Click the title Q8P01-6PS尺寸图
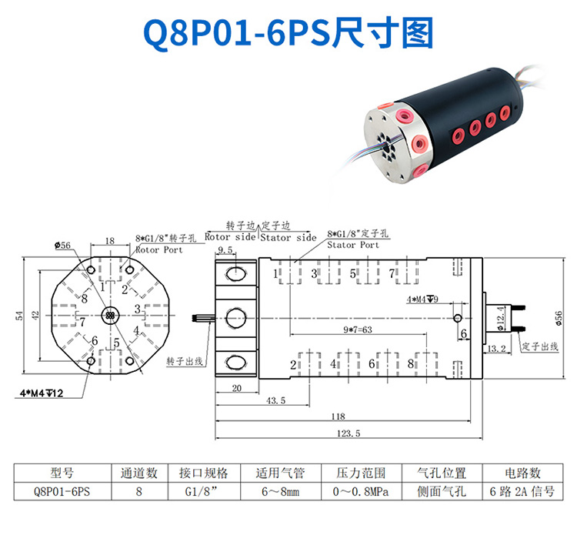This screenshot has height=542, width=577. [x=288, y=33]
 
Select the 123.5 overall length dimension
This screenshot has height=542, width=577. [x=349, y=433]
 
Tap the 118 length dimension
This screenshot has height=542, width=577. [x=339, y=417]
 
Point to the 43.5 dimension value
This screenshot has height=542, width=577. [x=275, y=400]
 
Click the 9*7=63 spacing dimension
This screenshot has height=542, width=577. [x=358, y=330]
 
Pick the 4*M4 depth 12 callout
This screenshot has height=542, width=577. [x=42, y=393]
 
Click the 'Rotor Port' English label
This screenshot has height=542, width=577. [x=159, y=249]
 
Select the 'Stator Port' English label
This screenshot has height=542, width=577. [x=353, y=245]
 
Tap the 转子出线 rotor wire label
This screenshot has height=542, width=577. [x=185, y=361]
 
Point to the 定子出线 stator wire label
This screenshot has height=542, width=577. [x=540, y=346]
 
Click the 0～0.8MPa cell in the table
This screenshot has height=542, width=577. [x=361, y=491]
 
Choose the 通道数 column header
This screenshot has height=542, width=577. [x=139, y=473]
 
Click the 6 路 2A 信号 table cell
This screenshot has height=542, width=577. [x=522, y=491]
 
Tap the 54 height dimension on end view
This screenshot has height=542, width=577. [x=19, y=316]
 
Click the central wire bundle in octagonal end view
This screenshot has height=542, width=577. [x=110, y=316]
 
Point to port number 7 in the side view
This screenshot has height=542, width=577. [x=392, y=273]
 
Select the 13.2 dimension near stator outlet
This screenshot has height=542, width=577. [x=497, y=348]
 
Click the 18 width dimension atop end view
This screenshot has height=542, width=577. [x=110, y=241]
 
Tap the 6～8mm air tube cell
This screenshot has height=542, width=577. [x=280, y=491]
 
